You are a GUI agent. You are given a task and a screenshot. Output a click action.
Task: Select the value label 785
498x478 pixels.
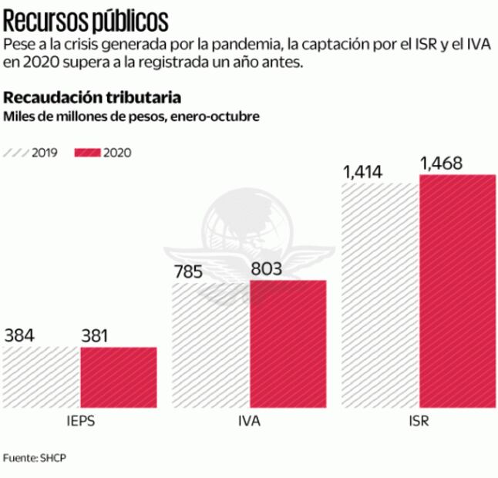pos(188,272)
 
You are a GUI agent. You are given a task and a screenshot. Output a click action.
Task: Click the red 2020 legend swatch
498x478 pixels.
pos(87,153)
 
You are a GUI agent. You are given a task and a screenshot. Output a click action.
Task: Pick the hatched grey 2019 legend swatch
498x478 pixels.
pos(16,153)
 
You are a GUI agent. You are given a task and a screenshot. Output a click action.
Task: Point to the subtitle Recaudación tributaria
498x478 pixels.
pos(93,98)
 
